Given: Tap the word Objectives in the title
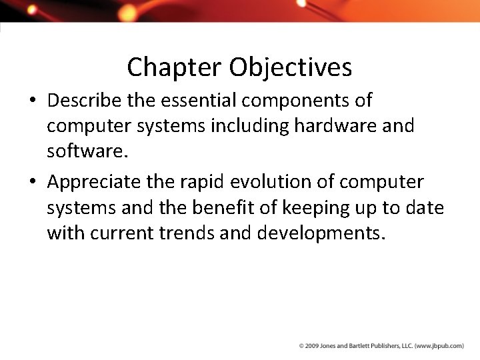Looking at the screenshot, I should pos(291,68).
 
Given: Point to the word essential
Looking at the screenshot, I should pos(211,101).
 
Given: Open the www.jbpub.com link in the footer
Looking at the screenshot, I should pos(439,346).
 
